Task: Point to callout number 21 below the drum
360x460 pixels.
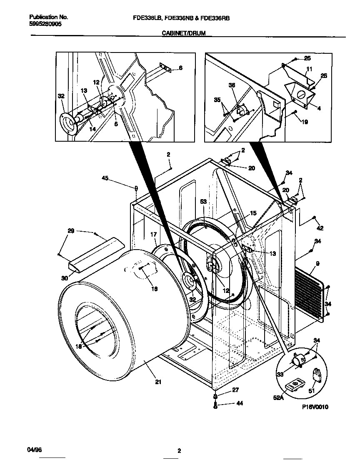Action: click(x=158, y=381)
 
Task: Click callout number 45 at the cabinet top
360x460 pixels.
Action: click(x=105, y=178)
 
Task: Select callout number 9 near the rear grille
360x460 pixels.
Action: click(x=317, y=263)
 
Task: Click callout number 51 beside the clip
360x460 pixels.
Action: click(x=312, y=391)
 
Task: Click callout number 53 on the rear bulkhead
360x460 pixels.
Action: click(x=204, y=202)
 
